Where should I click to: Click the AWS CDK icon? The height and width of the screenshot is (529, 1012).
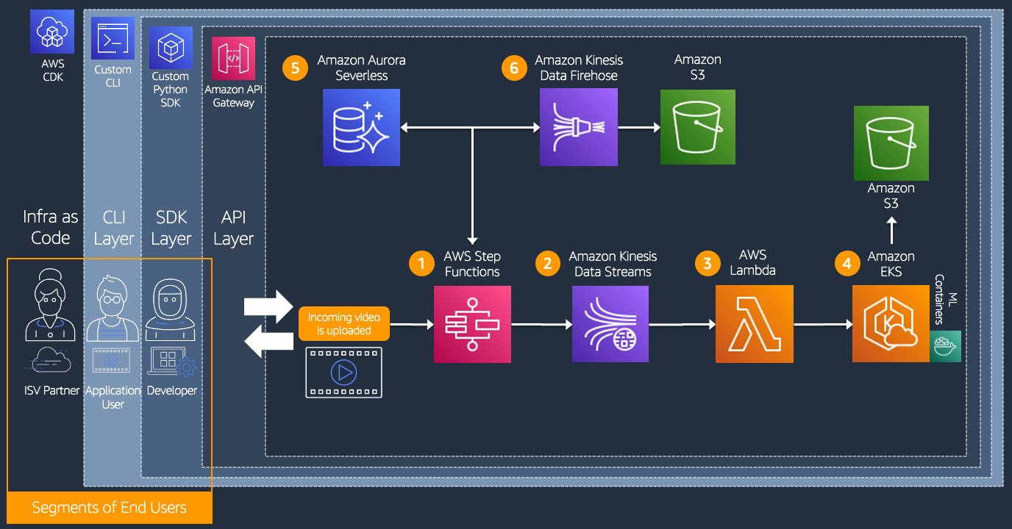[x=52, y=32]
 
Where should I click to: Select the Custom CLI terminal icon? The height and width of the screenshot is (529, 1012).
[x=113, y=38]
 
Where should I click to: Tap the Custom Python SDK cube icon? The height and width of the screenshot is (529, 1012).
[x=171, y=48]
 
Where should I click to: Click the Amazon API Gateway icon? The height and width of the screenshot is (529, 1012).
[x=233, y=58]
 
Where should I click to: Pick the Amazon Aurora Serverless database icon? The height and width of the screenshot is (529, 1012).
[x=361, y=127]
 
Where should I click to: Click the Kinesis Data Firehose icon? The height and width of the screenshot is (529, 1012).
[x=579, y=127]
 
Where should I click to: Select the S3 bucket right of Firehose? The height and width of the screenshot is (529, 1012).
[x=697, y=127]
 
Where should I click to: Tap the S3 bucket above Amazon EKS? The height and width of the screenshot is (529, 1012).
[x=891, y=143]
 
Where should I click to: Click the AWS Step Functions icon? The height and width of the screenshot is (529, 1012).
[x=472, y=324]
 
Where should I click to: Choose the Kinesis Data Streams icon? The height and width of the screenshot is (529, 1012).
[x=610, y=324]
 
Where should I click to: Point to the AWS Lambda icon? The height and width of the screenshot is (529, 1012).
[x=754, y=323]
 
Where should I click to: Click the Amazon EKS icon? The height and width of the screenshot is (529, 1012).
[x=891, y=323]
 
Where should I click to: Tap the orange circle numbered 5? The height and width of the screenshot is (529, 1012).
[x=295, y=68]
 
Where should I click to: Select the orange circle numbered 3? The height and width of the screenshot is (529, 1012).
[x=708, y=263]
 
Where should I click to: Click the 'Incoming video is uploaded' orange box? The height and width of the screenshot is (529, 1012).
[x=343, y=323]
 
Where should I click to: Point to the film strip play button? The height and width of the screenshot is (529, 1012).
[x=343, y=373]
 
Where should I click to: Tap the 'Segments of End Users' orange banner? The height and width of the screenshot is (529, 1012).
[x=110, y=508]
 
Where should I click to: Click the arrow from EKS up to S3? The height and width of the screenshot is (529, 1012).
[x=891, y=231]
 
